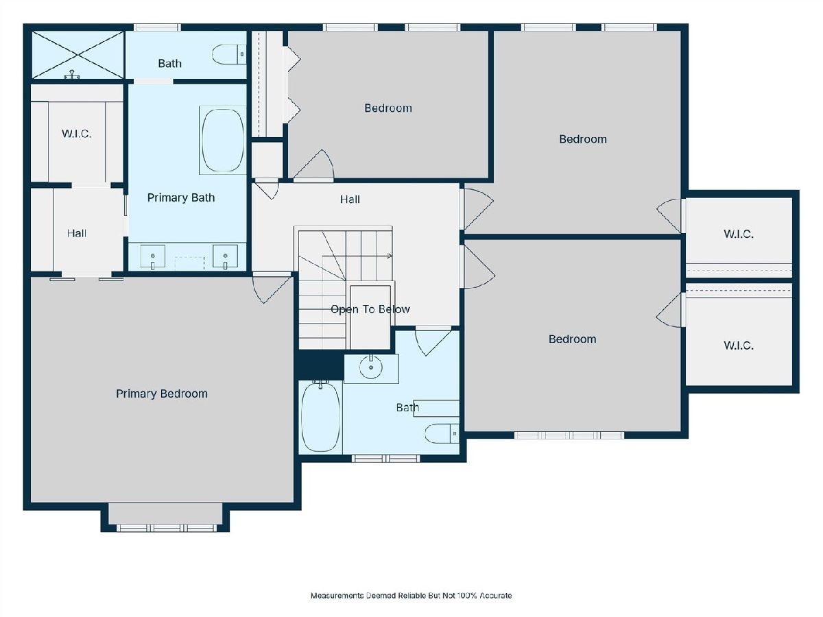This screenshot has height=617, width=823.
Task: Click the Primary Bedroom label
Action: point(162,394)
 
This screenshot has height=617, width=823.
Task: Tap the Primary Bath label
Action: point(181,197)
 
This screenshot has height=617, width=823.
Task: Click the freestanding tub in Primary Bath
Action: point(223,140)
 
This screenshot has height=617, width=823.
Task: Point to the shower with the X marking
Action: point(77,55)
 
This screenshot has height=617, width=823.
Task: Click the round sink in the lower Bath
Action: point(371,367)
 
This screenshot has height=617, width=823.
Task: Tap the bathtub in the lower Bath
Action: point(320,417)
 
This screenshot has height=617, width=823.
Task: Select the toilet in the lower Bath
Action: point(442,433)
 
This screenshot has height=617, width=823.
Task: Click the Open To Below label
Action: point(370,309)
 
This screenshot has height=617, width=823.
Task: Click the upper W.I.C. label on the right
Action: point(738,234)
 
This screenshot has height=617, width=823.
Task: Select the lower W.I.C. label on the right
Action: point(738,346)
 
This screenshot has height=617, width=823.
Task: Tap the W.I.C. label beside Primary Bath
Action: point(77,134)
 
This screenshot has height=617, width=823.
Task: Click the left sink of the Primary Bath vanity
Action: point(153,256)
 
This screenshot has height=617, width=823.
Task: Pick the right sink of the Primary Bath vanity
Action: point(226,256)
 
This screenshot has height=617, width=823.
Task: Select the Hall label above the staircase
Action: point(350,199)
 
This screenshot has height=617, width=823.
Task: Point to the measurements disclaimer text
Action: point(411,596)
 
